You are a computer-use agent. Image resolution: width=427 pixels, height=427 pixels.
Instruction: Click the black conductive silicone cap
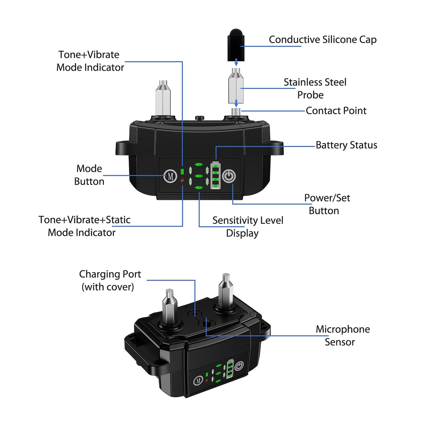(x=236, y=46)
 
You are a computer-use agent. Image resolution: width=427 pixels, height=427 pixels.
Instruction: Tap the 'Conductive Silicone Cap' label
(x=322, y=39)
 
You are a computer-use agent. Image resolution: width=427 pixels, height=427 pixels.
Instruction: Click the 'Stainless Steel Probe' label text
(x=315, y=89)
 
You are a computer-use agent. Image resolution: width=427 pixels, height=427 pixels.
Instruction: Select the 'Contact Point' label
(x=336, y=111)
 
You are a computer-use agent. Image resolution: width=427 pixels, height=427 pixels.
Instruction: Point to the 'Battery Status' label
(x=346, y=145)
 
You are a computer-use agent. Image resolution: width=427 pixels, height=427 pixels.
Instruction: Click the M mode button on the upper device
(x=170, y=176)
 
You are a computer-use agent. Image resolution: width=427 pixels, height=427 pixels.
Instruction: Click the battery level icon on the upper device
(x=216, y=175)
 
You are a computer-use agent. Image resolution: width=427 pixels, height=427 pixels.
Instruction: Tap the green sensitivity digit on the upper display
(x=199, y=175)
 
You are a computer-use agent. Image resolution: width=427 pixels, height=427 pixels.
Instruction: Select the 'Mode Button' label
(x=89, y=175)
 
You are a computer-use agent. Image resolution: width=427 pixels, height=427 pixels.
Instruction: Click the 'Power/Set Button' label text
(x=327, y=204)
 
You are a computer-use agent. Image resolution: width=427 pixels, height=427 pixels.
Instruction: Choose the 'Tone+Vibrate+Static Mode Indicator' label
(x=84, y=226)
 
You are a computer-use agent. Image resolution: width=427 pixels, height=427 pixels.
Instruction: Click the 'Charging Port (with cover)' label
(x=110, y=280)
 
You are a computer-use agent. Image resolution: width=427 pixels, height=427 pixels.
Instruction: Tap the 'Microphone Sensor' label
(x=342, y=335)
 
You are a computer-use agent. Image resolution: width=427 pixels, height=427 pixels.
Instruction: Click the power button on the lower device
(x=239, y=366)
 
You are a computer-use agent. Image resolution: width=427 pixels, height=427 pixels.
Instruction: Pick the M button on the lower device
(x=198, y=381)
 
